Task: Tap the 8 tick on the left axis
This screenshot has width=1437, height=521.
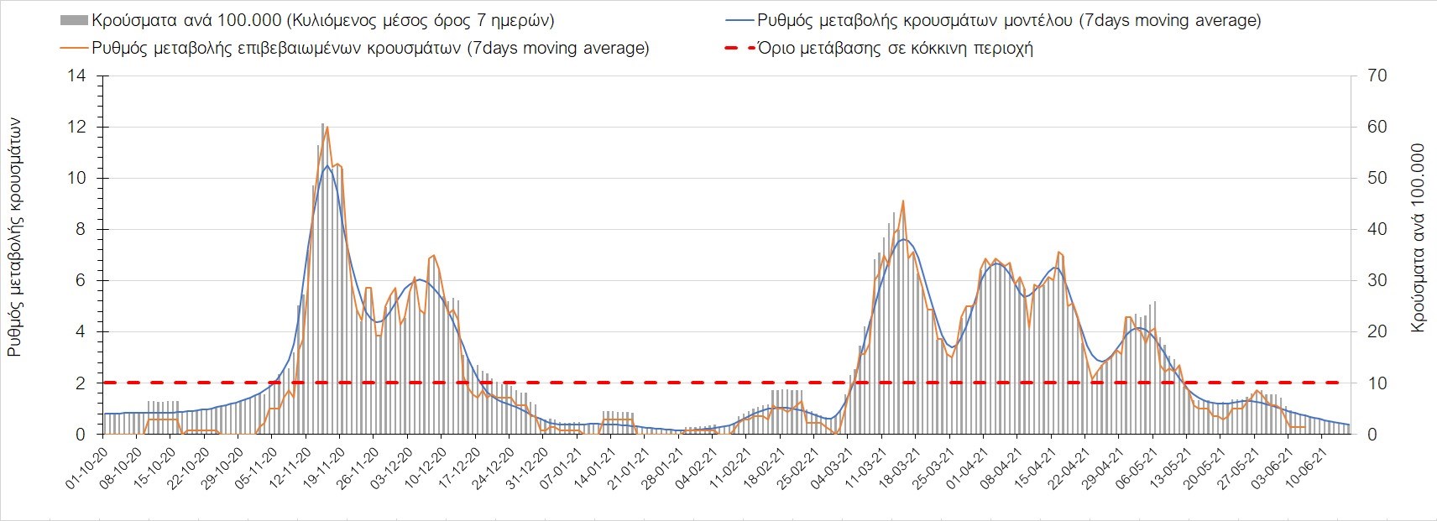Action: point(81,230)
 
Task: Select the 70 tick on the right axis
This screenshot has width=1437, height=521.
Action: point(1377,76)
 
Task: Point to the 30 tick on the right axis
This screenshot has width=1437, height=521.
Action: point(1377,281)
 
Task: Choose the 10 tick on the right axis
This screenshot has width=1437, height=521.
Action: point(1377,383)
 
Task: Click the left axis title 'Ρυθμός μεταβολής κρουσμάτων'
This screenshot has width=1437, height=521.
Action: point(15,237)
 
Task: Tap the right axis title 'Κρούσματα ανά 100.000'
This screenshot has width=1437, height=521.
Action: point(1419,237)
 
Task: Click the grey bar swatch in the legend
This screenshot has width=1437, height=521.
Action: point(75,20)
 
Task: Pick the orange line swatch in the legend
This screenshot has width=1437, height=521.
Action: point(75,48)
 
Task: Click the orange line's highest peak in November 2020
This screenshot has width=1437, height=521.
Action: point(327,128)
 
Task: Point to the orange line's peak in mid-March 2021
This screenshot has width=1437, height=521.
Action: point(902,201)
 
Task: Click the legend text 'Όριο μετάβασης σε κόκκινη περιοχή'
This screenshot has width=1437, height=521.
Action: point(895,48)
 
